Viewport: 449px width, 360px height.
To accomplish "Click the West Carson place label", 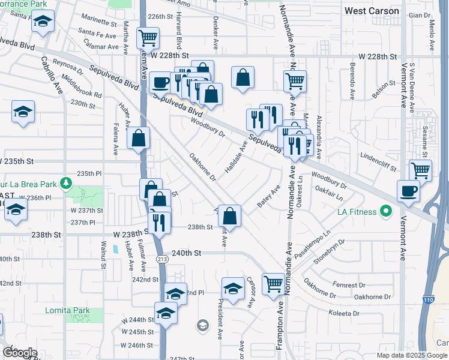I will (372, 11).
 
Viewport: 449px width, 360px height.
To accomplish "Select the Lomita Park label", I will (68, 310).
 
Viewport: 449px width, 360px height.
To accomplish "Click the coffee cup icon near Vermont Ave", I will (408, 191).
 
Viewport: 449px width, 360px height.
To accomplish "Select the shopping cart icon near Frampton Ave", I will (273, 283).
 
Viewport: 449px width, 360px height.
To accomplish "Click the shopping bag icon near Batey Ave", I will (229, 214).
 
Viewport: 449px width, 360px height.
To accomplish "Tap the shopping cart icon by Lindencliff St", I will (420, 170).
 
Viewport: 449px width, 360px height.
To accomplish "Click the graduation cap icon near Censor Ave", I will (233, 287).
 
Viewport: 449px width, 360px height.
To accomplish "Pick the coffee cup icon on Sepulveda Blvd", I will (160, 82).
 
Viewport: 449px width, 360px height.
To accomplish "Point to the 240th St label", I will (185, 253).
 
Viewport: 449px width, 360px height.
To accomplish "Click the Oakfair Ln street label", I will (330, 193).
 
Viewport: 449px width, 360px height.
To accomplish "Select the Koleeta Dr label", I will (344, 313).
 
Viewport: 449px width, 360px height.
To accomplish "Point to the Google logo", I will (20, 352).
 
